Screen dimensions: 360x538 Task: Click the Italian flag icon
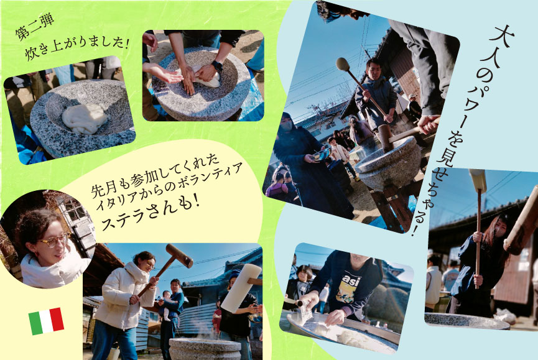(x=46, y=321)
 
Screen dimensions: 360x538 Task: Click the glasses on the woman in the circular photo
(x=53, y=240)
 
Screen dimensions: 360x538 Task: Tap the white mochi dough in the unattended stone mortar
(x=85, y=117)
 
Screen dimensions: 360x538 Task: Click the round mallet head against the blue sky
(x=343, y=64)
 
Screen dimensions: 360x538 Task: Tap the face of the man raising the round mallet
(x=373, y=68)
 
